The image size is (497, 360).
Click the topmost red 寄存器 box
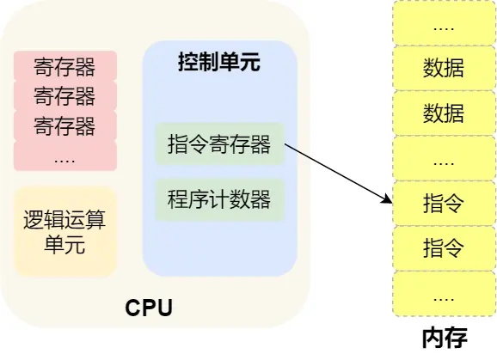64,66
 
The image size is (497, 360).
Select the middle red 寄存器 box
64,96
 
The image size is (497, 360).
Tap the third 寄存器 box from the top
64,126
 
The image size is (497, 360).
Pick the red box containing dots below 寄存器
64,156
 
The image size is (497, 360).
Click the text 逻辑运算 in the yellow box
64,219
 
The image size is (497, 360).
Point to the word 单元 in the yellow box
64,244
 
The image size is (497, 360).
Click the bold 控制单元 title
218,62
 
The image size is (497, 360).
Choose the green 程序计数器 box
218,199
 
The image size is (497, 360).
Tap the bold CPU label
149,307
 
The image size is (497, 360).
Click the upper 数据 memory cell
444,66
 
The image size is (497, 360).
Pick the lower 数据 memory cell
444,112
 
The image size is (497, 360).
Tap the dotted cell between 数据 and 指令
444,158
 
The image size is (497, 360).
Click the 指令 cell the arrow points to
444,204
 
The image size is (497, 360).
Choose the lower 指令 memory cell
444,249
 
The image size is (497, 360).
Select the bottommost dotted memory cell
444,295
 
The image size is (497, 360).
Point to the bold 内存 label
444,339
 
